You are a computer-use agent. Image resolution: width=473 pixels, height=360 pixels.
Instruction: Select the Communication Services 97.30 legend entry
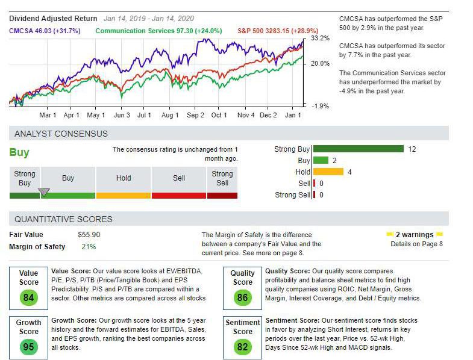click(x=158, y=31)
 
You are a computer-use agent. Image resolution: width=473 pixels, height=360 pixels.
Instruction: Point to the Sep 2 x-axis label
click(x=195, y=115)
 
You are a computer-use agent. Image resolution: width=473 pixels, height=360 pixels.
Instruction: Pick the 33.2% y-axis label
click(x=321, y=39)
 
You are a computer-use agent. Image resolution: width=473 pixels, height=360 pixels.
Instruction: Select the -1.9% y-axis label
click(x=321, y=106)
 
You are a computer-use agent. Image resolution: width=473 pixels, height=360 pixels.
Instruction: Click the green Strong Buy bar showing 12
click(x=358, y=149)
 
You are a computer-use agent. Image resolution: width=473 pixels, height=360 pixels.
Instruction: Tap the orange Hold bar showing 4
click(x=328, y=172)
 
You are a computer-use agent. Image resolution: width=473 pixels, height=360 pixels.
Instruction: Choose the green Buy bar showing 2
click(x=321, y=161)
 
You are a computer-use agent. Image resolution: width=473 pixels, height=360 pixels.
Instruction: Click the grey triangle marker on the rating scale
click(x=44, y=193)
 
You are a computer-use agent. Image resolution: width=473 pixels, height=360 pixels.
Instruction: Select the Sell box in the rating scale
click(x=179, y=178)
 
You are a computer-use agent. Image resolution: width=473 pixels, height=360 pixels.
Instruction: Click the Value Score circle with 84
click(x=28, y=297)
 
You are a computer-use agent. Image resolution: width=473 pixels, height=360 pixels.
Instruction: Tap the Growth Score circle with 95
click(x=28, y=346)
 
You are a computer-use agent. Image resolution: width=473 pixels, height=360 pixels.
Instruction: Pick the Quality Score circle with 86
click(x=243, y=297)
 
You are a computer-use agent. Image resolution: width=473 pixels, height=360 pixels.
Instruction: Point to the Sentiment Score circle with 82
click(x=243, y=346)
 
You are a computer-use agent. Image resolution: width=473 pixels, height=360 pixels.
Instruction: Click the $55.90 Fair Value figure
click(x=89, y=235)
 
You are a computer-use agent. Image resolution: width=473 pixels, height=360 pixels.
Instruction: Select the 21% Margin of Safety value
click(x=89, y=247)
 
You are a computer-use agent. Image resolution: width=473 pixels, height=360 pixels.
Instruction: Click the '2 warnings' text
click(x=414, y=235)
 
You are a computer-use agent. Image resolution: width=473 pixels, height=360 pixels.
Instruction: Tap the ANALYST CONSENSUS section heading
click(x=61, y=134)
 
